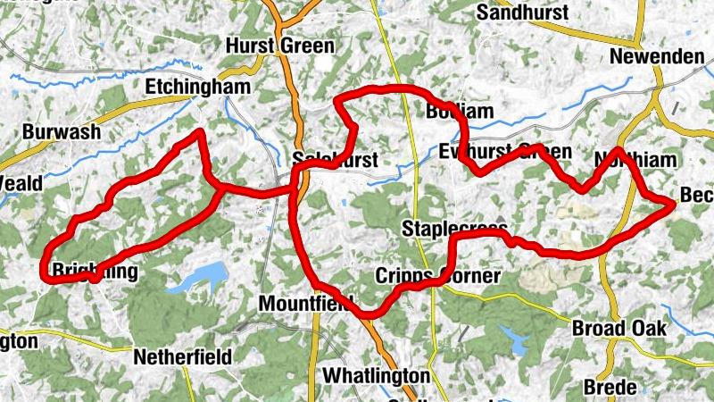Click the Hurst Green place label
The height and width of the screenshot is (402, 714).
pyautogui.click(x=280, y=46)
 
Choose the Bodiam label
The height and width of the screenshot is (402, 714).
pyautogui.click(x=459, y=112)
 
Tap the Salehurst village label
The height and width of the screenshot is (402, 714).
pyautogui.click(x=336, y=160)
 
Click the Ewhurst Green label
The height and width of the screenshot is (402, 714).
pyautogui.click(x=505, y=152)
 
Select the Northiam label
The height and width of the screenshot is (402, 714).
pyautogui.click(x=635, y=160)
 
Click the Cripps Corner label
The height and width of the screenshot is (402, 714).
pyautogui.click(x=437, y=275)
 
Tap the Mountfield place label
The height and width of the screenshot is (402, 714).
pyautogui.click(x=305, y=304)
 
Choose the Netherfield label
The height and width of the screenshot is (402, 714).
pyautogui.click(x=182, y=357)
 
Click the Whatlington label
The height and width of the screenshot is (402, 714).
pyautogui.click(x=376, y=374)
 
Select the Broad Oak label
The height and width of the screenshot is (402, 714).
pyautogui.click(x=619, y=328)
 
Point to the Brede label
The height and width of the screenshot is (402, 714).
pyautogui.click(x=610, y=387)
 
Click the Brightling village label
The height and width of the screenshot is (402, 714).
pyautogui.click(x=94, y=271)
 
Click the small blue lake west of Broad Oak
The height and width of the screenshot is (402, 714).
pyautogui.click(x=513, y=339)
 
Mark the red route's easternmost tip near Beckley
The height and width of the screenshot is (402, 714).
pyautogui.click(x=672, y=205)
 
